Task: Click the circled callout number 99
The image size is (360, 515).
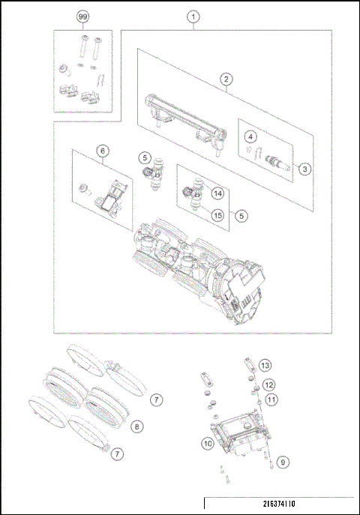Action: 82,16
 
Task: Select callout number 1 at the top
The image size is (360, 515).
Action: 193,16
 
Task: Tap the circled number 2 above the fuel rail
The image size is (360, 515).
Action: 224,78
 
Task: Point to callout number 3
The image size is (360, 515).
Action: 304,169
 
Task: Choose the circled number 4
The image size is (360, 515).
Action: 251,136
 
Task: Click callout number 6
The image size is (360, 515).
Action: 100,150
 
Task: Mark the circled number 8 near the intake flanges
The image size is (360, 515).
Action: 136,426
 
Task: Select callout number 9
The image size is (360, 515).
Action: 282,462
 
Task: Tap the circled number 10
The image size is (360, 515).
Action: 207,444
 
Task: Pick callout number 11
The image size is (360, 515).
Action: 271,400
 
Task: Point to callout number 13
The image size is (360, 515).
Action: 264,365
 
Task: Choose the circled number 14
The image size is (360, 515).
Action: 217,193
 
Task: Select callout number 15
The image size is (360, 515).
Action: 217,215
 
